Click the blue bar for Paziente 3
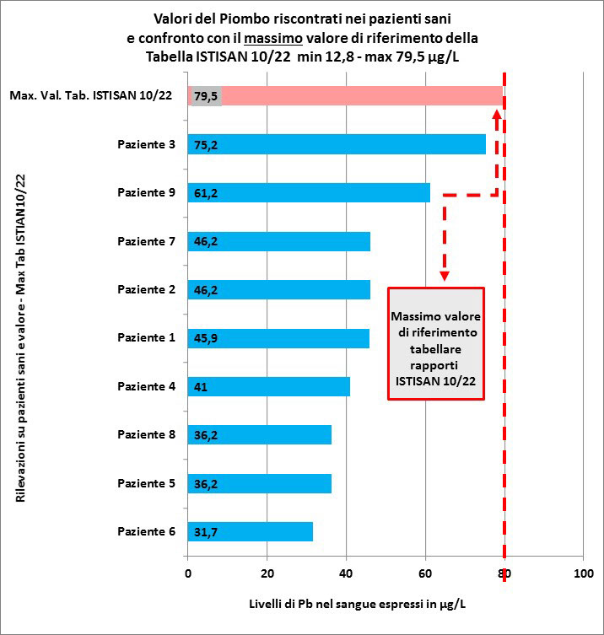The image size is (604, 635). click(x=337, y=144)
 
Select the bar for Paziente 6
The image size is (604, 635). click(x=251, y=531)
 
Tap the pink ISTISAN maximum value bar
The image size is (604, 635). click(x=346, y=96)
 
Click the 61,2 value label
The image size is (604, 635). click(x=206, y=193)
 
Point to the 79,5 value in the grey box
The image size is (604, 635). click(x=206, y=96)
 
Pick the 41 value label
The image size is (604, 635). click(x=201, y=387)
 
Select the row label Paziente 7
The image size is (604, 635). click(x=146, y=241)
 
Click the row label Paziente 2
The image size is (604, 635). click(x=146, y=289)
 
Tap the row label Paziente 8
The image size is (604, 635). click(x=146, y=434)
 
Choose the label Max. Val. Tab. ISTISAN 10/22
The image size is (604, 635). click(x=91, y=95)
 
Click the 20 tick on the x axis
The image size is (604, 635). click(x=267, y=573)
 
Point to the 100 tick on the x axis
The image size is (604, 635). click(x=584, y=573)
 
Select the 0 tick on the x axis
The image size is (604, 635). click(x=188, y=573)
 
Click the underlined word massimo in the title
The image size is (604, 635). click(x=273, y=39)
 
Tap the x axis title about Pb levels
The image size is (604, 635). click(x=357, y=605)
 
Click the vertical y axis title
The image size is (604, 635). click(x=20, y=338)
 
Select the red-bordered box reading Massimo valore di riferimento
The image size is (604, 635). click(x=436, y=344)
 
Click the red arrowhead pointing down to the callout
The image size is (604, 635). click(x=445, y=276)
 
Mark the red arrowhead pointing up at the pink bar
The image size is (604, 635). click(x=496, y=114)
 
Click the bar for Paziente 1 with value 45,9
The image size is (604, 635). click(x=278, y=338)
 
